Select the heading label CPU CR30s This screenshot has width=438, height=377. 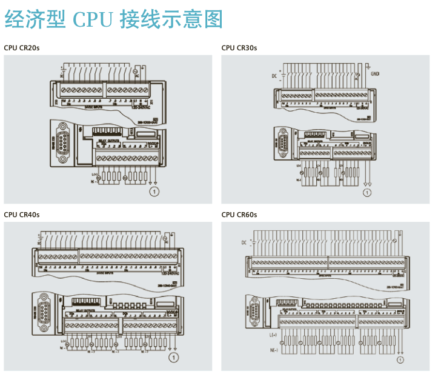(x=239, y=48)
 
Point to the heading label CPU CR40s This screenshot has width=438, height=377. (x=22, y=214)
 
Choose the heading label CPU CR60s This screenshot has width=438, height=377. (x=239, y=214)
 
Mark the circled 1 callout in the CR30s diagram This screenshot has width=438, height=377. (x=366, y=193)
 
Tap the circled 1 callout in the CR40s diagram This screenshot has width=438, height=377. (x=174, y=358)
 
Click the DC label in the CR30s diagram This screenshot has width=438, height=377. (x=274, y=76)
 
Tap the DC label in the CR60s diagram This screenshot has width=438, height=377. (x=245, y=242)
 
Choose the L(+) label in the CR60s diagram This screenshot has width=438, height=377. (x=273, y=335)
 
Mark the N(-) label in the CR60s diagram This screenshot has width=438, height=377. (x=273, y=350)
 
